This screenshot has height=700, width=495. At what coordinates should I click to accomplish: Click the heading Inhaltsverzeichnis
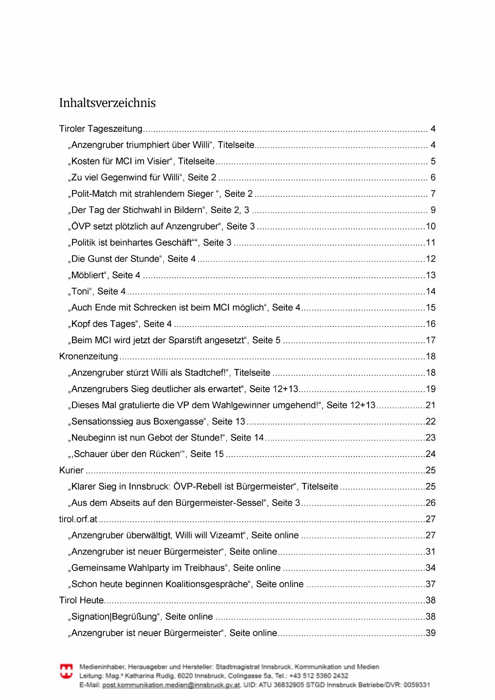click(107, 103)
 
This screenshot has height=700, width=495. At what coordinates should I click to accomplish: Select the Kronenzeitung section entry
click(89, 356)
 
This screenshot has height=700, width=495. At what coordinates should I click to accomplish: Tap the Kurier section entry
click(71, 470)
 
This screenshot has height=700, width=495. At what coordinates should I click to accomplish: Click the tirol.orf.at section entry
click(78, 519)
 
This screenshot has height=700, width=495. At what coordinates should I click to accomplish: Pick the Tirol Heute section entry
click(81, 600)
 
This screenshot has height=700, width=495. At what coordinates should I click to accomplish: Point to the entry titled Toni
click(80, 291)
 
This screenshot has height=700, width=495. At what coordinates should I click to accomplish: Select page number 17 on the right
click(431, 340)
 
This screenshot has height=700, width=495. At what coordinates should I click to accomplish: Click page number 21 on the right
click(431, 405)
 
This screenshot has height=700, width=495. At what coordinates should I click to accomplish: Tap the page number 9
click(433, 210)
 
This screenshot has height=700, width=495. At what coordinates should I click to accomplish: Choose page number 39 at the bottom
click(431, 633)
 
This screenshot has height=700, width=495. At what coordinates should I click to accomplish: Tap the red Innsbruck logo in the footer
click(66, 671)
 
